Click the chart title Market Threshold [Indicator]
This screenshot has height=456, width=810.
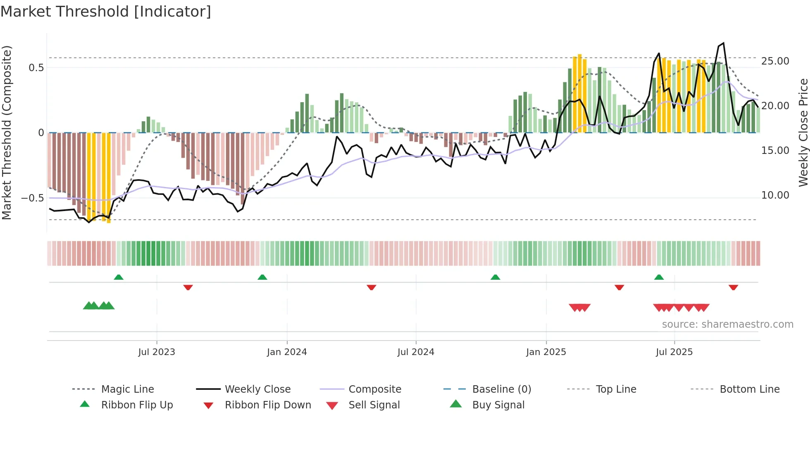click(106, 12)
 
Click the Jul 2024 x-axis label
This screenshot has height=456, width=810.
click(416, 352)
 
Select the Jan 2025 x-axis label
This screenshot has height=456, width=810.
click(546, 352)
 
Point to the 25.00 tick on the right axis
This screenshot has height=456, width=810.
click(775, 61)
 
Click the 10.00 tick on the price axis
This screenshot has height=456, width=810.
click(775, 195)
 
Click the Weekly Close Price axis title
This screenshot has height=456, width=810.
click(803, 132)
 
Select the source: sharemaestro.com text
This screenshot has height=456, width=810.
click(727, 324)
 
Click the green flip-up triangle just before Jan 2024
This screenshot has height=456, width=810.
click(262, 277)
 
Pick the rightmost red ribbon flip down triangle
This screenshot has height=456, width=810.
click(733, 287)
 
